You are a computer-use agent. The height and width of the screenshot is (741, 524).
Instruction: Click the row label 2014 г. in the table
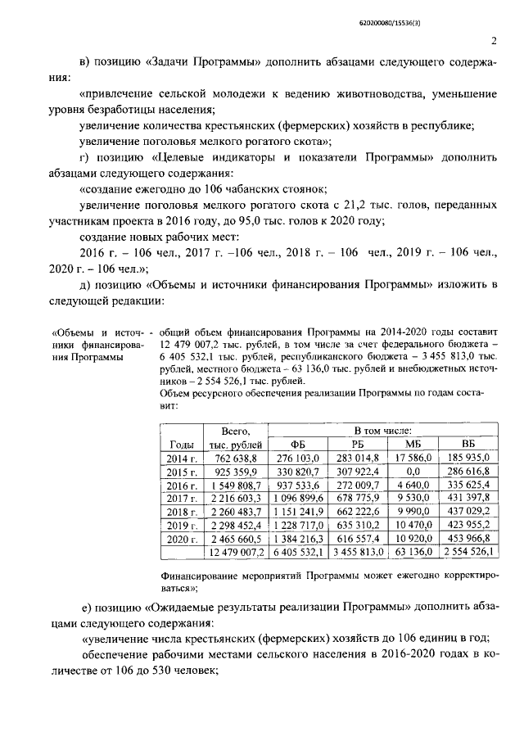[x=183, y=459]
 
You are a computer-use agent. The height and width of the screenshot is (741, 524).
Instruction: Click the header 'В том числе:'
[x=382, y=430]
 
